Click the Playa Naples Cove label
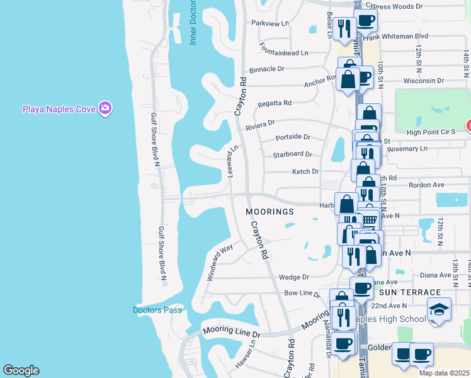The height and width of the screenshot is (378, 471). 59,109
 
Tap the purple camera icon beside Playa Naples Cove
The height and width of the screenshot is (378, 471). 105,109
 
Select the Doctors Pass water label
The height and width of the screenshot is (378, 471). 157,310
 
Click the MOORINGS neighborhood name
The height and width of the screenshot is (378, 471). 270,212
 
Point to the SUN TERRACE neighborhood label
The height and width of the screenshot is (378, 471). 410,293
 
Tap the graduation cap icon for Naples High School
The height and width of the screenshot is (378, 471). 439,309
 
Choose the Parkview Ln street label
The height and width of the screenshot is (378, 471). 270,23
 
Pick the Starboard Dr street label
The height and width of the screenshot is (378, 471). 292,154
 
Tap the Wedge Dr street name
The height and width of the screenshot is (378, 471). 293,277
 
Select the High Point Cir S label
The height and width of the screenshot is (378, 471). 435,132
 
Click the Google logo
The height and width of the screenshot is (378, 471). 21,370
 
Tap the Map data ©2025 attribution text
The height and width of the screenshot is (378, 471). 444,373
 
